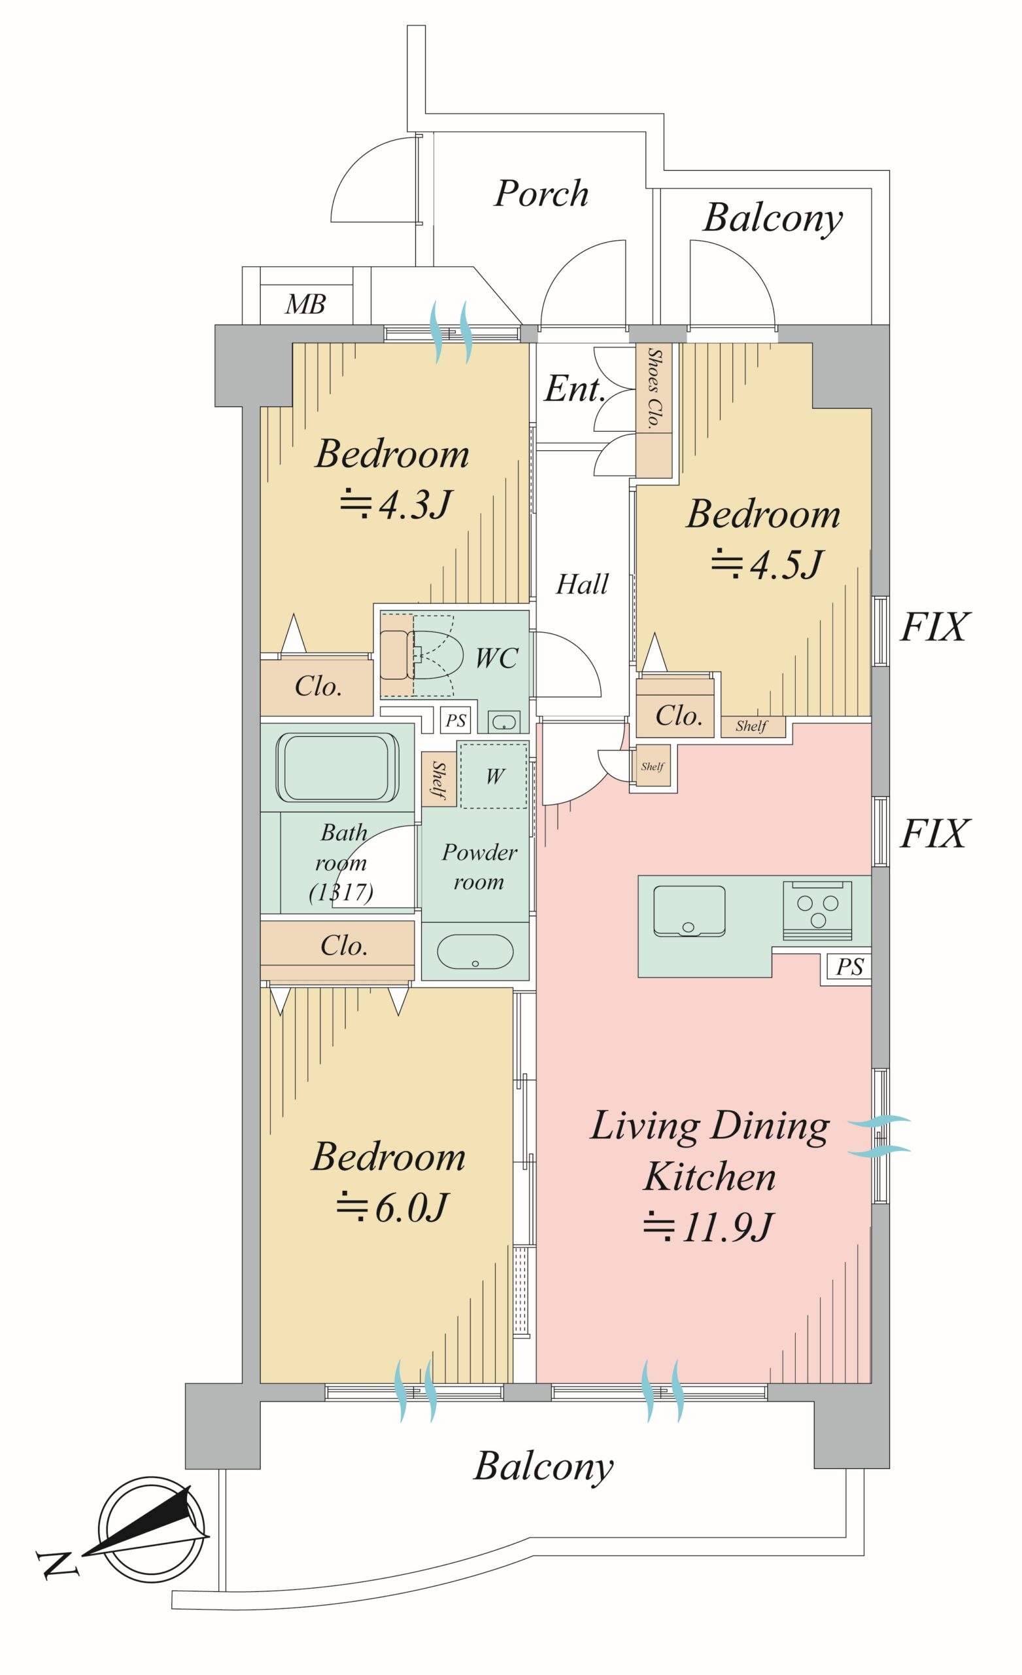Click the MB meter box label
pos(306,304)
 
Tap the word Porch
pos(541,194)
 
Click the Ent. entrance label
pos(574,389)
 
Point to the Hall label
pos(582,585)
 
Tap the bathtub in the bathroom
pos(337,767)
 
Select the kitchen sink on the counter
pos(689,911)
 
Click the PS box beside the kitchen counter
pos(849,966)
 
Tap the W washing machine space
pos(494,775)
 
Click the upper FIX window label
pos(932,627)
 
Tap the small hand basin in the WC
pos(503,720)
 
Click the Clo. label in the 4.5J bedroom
pos(678,715)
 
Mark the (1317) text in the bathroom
pos(341,891)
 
